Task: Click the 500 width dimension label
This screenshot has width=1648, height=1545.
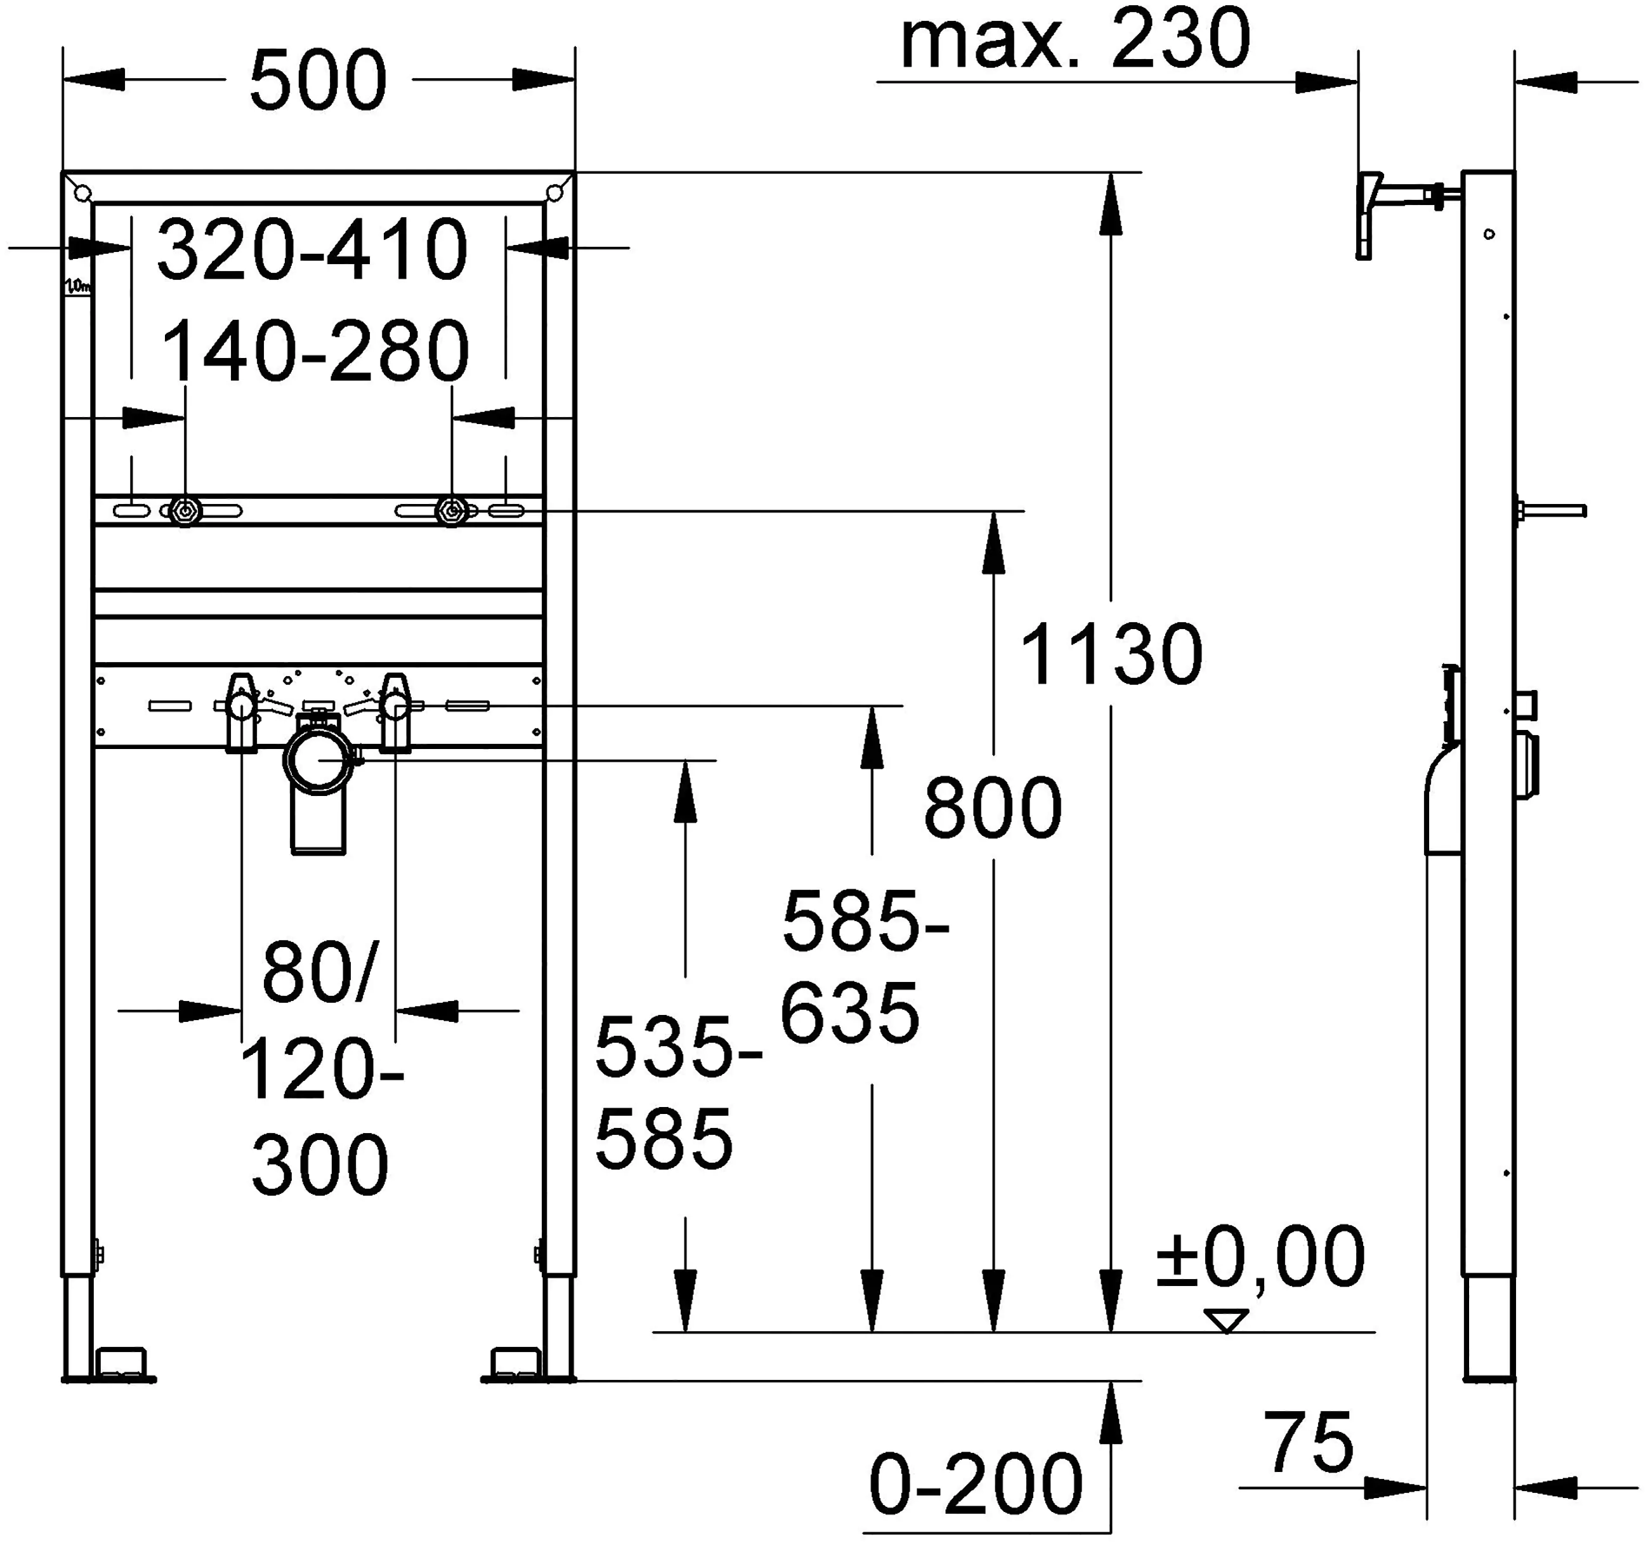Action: (318, 81)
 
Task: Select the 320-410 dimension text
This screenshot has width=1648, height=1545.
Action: (313, 249)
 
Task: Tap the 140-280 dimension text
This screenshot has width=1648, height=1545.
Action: (315, 351)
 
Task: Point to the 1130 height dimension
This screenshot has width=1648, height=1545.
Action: (1111, 655)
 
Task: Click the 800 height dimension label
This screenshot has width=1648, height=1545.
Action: (992, 808)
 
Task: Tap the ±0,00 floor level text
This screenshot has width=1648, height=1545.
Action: (1260, 1258)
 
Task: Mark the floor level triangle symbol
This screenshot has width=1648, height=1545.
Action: (1226, 1321)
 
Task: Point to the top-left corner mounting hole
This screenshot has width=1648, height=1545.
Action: (81, 192)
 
